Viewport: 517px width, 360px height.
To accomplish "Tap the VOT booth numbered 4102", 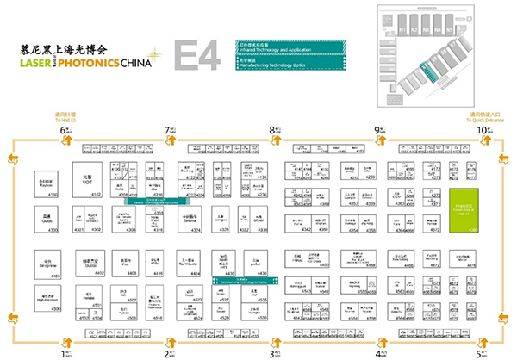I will (x=87, y=180).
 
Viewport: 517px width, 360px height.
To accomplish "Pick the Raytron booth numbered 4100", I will (x=48, y=185).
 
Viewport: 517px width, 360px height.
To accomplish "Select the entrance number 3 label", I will (x=273, y=351).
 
